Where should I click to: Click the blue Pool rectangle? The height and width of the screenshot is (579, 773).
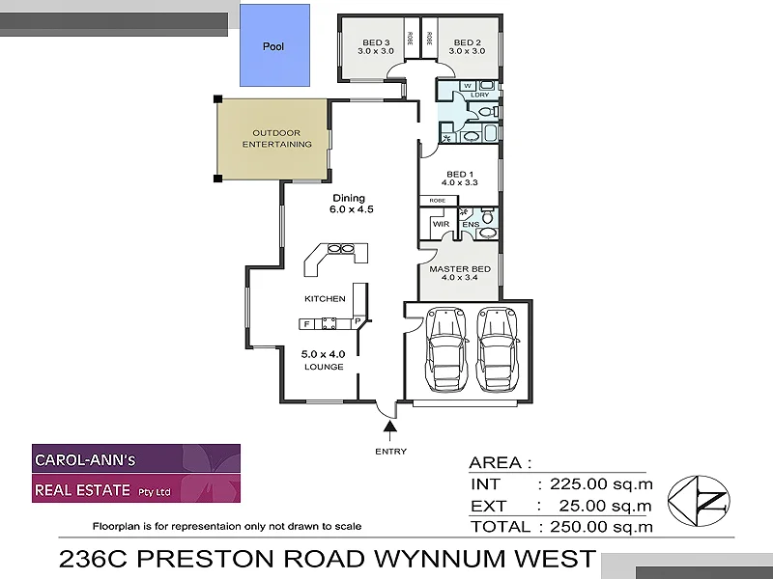[x=274, y=45]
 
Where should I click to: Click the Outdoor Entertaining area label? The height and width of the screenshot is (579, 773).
[x=276, y=138]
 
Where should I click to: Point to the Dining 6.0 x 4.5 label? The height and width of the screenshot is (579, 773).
[x=351, y=203]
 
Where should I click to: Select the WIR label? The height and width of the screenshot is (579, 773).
[x=442, y=224]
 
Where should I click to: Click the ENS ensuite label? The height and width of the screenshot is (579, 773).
[x=471, y=224]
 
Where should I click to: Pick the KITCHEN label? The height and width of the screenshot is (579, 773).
[x=325, y=298]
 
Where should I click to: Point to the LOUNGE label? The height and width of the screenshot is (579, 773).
[x=325, y=368]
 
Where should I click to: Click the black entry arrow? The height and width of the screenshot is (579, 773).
[x=390, y=427]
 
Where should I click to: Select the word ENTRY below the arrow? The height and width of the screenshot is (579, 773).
[x=390, y=451]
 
